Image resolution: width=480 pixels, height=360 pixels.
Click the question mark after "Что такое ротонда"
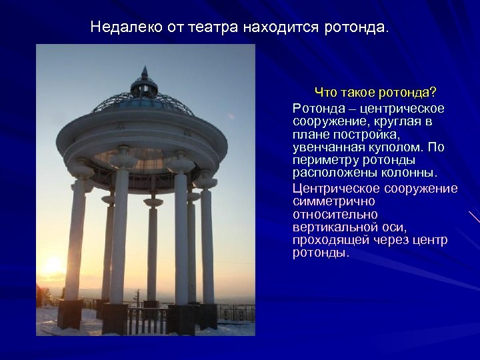click(434, 91)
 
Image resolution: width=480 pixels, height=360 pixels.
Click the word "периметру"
click(323, 161)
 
